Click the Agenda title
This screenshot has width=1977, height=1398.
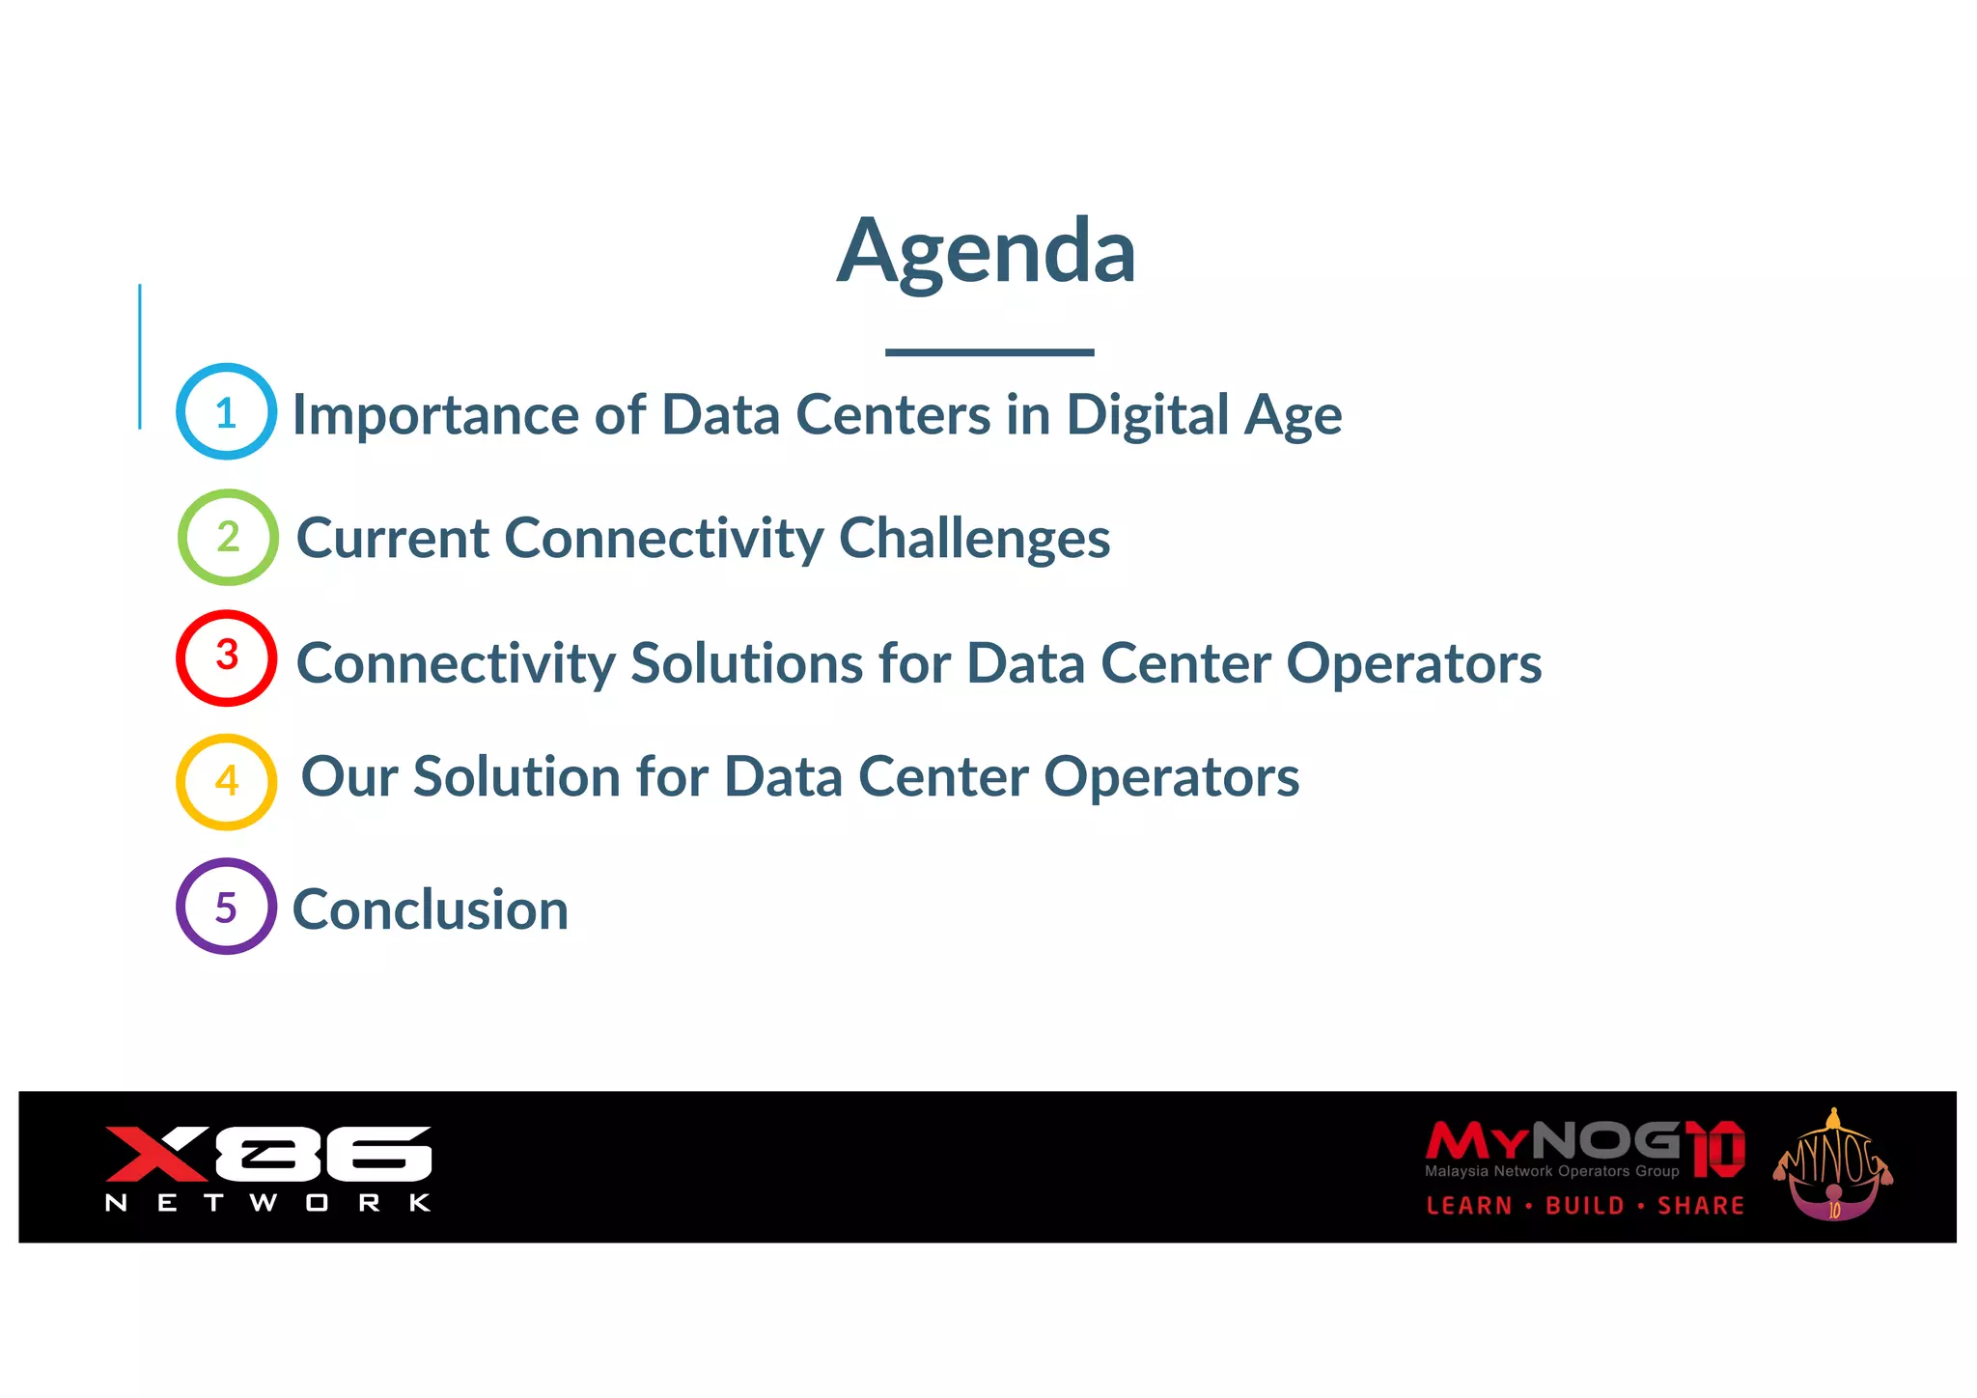[x=987, y=251]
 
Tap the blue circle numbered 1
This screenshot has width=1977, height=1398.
[x=227, y=412]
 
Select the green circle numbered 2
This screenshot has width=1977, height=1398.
[x=228, y=537]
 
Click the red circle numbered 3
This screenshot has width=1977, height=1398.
[x=227, y=657]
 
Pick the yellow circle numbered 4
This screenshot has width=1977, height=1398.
[x=227, y=781]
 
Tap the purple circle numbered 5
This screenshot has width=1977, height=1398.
[x=227, y=907]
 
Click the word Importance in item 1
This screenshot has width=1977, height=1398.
[x=434, y=415]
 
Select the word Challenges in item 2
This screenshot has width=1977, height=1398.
[x=974, y=539]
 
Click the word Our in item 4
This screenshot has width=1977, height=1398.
[x=349, y=777]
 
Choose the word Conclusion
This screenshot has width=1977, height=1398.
[x=431, y=909]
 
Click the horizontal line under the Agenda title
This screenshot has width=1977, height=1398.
[x=989, y=352]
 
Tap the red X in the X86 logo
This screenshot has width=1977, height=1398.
[x=154, y=1153]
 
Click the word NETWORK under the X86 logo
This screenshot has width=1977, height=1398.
[x=268, y=1203]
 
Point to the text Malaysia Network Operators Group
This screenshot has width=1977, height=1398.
[x=1551, y=1171]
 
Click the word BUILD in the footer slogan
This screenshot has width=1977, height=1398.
[x=1585, y=1206]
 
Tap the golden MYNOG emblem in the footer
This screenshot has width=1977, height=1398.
[x=1832, y=1166]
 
